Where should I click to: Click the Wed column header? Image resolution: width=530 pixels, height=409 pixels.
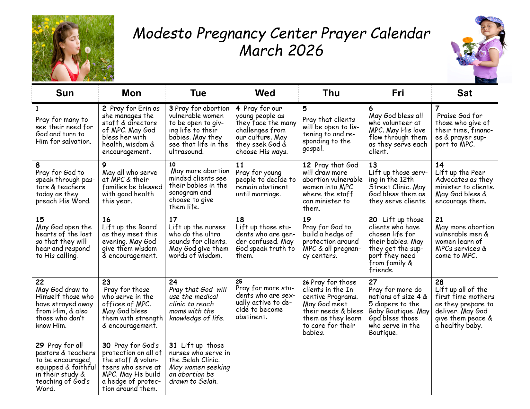click(x=265, y=93)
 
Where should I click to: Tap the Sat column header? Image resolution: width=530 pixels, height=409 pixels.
click(x=464, y=93)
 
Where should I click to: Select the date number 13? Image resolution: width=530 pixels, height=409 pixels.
click(x=373, y=165)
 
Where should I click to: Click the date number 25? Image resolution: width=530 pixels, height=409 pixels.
click(x=239, y=282)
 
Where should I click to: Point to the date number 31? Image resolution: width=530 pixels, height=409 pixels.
click(x=173, y=345)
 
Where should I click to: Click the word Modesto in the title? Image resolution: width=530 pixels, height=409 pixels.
click(x=163, y=33)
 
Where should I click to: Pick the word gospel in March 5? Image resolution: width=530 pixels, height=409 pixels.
click(x=313, y=149)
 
